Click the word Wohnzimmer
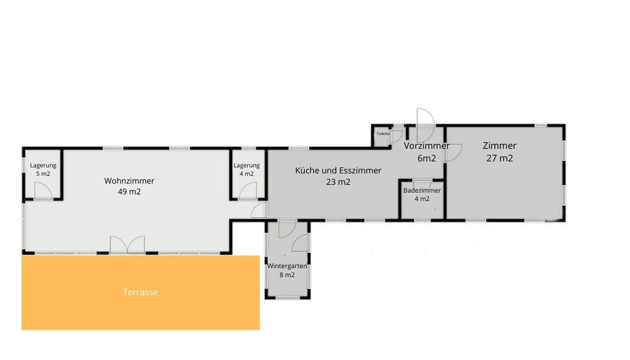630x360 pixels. (129, 181)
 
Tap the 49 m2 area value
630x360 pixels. (129, 191)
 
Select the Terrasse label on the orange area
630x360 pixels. (140, 292)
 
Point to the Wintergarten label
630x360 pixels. (287, 266)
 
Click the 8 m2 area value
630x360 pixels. (287, 275)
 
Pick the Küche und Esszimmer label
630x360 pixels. (338, 170)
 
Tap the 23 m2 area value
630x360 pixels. (338, 182)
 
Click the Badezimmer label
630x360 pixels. (422, 190)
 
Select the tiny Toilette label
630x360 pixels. (383, 133)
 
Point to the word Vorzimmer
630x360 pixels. (426, 146)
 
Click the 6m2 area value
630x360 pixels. (426, 158)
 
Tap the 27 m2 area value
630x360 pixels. (499, 158)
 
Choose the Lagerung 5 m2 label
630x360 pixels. (43, 170)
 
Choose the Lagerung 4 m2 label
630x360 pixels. (246, 170)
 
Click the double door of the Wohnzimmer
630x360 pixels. (127, 245)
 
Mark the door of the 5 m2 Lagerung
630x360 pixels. (43, 191)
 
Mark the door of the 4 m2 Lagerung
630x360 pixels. (248, 191)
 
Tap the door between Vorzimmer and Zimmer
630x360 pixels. (453, 152)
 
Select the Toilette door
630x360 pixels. (396, 136)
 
